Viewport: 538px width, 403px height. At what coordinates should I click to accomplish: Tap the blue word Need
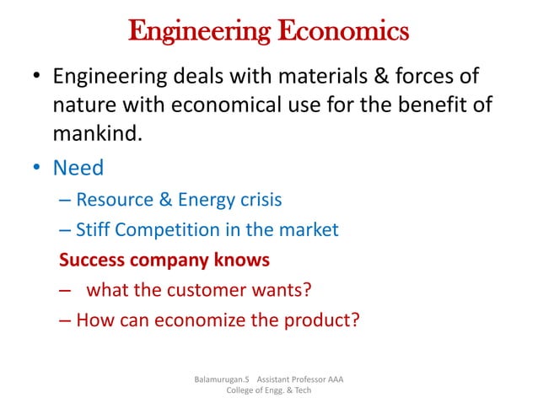[78, 168]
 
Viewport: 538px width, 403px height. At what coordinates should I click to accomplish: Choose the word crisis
[257, 200]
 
